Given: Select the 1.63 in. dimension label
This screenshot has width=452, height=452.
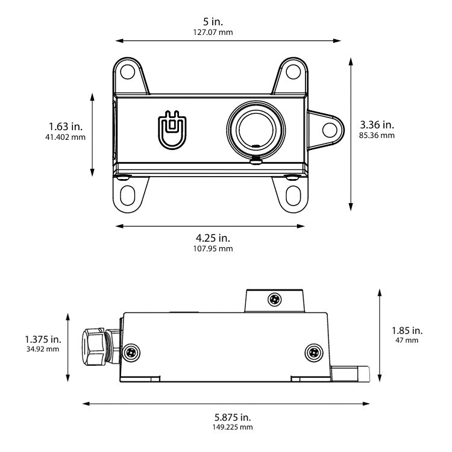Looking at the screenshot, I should click(66, 127).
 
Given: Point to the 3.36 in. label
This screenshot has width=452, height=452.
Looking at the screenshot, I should click(377, 125).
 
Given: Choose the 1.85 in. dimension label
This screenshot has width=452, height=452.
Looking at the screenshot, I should click(407, 330).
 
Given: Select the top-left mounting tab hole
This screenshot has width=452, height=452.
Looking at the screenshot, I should click(127, 71).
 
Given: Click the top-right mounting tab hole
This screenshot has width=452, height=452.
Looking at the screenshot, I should click(293, 71).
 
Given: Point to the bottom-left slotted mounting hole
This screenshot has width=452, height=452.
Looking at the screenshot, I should click(128, 195).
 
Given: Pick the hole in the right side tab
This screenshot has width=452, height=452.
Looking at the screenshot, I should click(329, 130).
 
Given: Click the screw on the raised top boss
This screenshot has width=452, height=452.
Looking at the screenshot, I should click(275, 298).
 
